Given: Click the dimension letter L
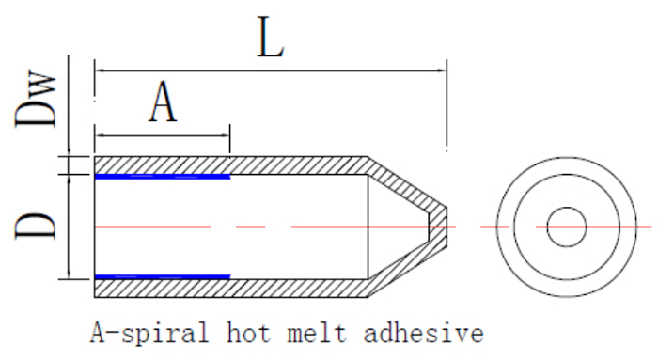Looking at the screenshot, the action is pyautogui.click(x=271, y=37).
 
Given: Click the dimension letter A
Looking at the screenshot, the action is pyautogui.click(x=163, y=102).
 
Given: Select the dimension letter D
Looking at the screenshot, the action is pyautogui.click(x=36, y=227).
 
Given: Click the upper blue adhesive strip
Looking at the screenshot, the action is pyautogui.click(x=163, y=177).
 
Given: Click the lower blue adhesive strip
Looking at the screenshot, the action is pyautogui.click(x=163, y=277).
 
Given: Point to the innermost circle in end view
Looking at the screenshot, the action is pyautogui.click(x=567, y=208).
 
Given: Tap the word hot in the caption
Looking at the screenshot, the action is pyautogui.click(x=248, y=333).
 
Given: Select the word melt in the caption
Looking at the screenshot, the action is pyautogui.click(x=318, y=333).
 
